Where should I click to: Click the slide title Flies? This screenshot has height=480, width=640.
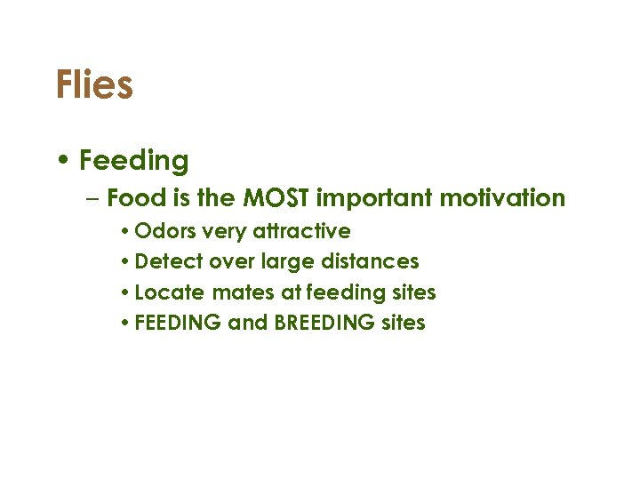coord(94,85)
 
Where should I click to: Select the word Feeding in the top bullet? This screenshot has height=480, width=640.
coord(133,161)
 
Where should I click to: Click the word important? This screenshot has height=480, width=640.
coord(379,197)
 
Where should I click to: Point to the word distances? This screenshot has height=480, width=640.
coord(372,262)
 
